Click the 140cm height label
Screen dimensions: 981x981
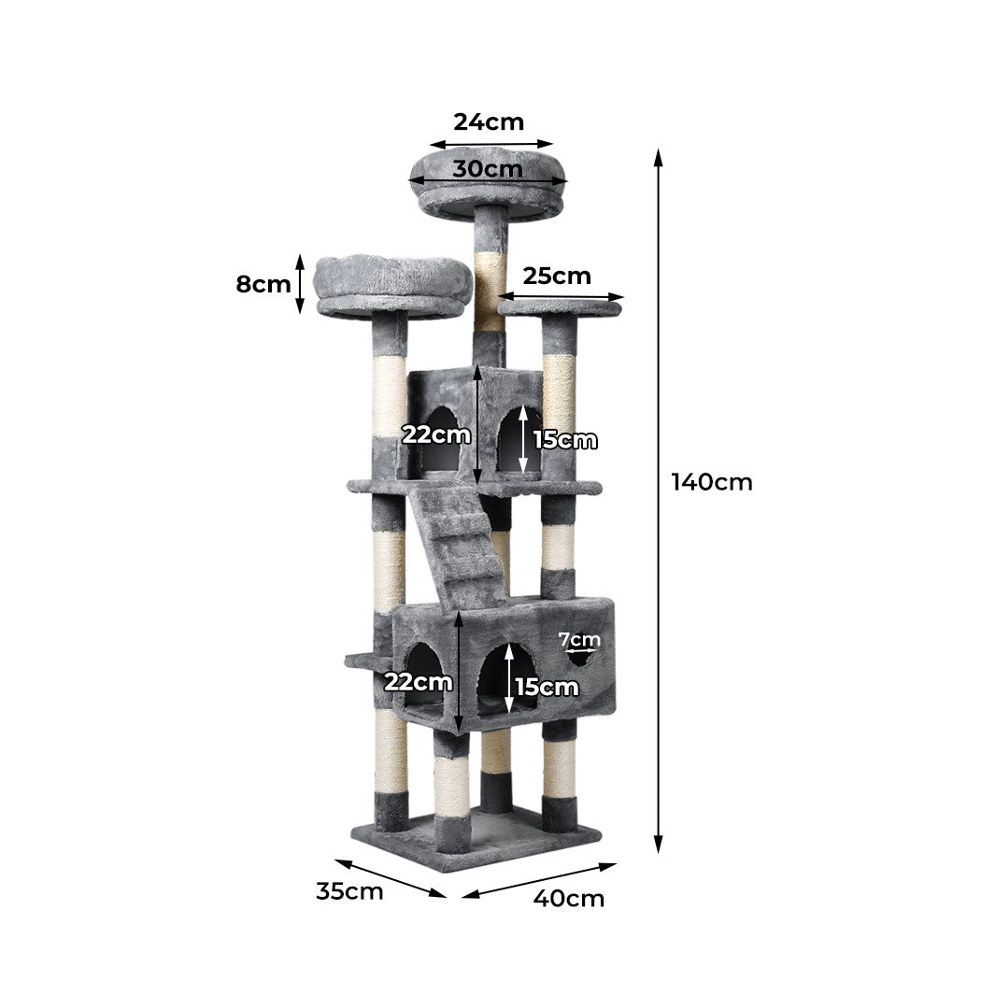click(711, 482)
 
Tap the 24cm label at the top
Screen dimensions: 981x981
click(489, 122)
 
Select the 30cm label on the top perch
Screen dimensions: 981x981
click(488, 169)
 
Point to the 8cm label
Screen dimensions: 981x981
click(263, 284)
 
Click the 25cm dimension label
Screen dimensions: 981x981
click(557, 276)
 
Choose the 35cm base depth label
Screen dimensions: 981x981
click(349, 891)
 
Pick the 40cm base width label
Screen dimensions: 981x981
click(569, 899)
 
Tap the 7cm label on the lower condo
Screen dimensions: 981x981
click(579, 640)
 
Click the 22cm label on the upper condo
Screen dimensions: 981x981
click(435, 434)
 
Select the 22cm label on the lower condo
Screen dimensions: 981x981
click(418, 682)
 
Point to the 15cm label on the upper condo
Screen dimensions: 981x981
click(564, 440)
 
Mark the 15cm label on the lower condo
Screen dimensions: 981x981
click(547, 688)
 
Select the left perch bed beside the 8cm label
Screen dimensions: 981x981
click(392, 285)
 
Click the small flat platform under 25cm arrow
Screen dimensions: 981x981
click(561, 306)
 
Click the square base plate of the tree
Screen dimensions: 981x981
click(476, 841)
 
